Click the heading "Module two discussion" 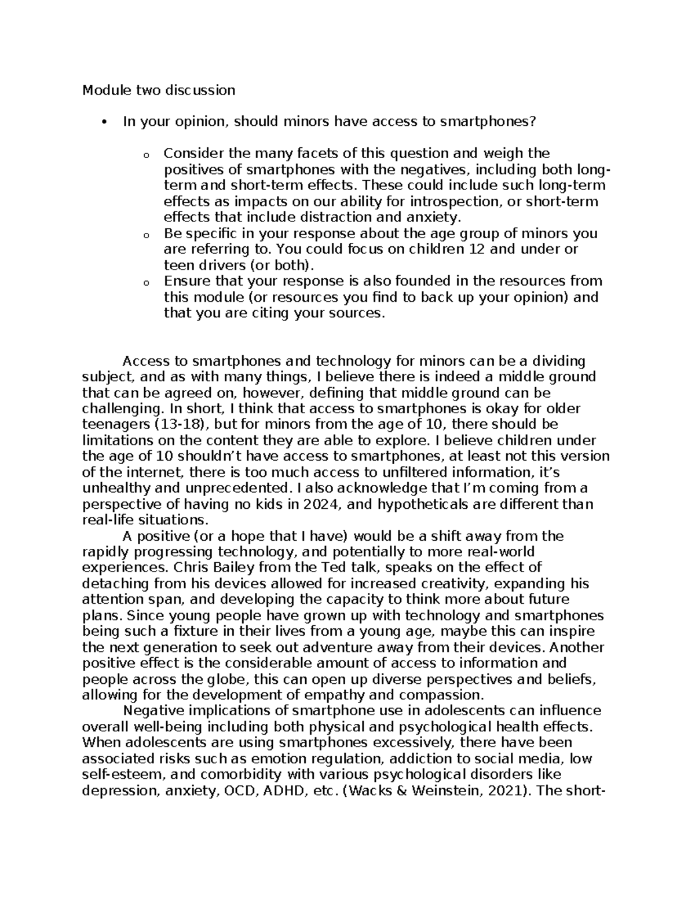(x=159, y=90)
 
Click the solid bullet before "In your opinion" (x=104, y=122)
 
